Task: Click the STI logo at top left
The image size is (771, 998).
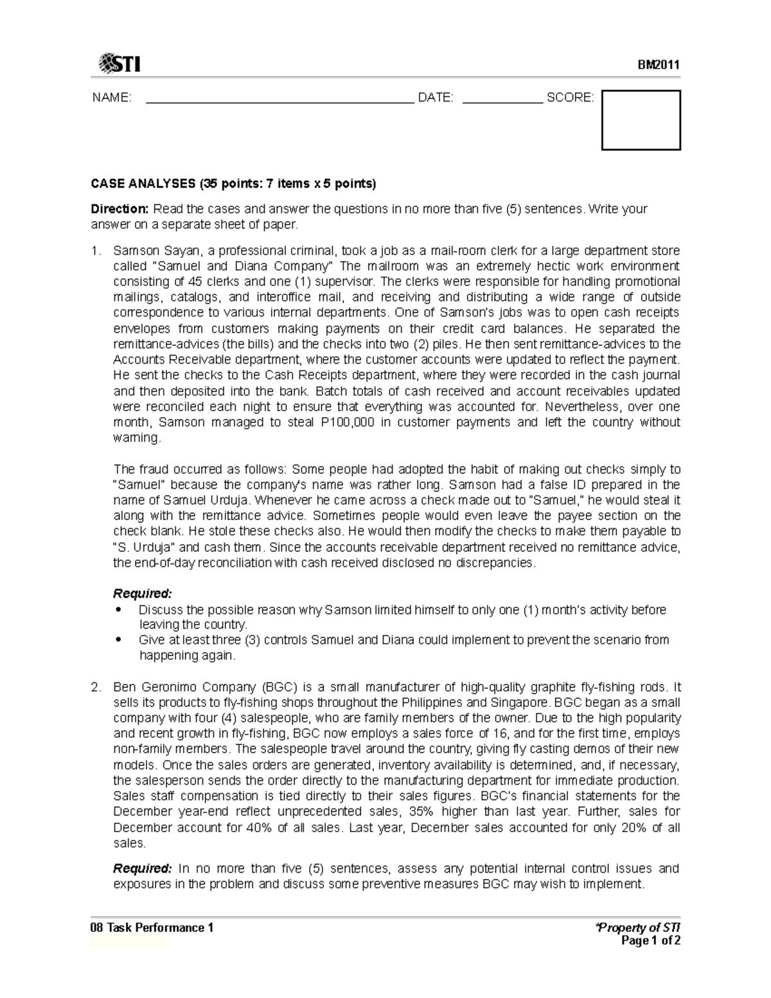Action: (120, 64)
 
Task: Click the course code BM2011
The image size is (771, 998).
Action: (658, 65)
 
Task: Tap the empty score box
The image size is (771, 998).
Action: (641, 120)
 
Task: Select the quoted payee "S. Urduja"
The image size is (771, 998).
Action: (145, 548)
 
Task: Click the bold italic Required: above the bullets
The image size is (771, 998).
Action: (143, 593)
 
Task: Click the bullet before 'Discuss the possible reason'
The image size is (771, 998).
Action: (118, 609)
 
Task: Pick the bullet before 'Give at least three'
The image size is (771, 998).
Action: (118, 640)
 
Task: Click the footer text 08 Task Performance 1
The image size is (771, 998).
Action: (152, 927)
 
